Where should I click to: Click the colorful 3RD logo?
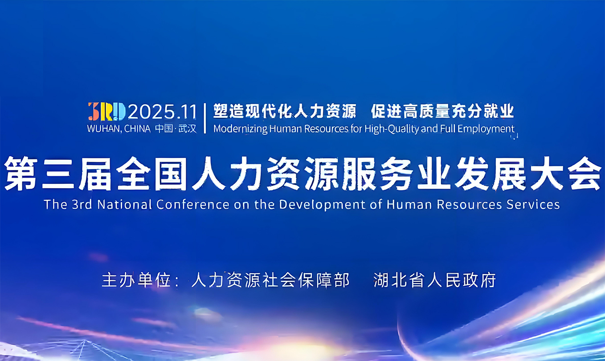pos(107,111)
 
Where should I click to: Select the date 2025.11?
pos(162,112)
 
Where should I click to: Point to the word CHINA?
pos(137,129)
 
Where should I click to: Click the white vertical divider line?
pos(205,118)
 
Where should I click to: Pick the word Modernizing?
pos(241,129)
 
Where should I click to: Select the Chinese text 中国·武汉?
pos(176,129)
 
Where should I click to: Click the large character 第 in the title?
pos(21,174)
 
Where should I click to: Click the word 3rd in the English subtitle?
pos(82,204)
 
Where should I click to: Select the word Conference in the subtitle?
pos(193,204)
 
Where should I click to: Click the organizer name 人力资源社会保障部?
pos(270,280)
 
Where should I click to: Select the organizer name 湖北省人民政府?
pos(434,280)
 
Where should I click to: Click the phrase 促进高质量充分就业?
pos(442,111)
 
